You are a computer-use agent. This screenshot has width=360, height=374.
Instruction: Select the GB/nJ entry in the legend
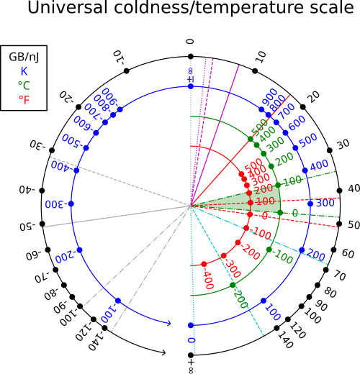coord(24,58)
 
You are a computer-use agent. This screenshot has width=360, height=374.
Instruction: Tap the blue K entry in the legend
coord(24,71)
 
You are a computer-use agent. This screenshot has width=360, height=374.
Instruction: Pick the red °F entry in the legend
coord(24,99)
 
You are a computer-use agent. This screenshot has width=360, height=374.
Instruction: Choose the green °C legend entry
coord(24,86)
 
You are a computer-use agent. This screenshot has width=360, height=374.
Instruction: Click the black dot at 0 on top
coord(191,57)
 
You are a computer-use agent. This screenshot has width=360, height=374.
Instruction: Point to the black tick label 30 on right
coord(343,144)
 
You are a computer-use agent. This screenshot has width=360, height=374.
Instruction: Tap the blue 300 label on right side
coord(325,203)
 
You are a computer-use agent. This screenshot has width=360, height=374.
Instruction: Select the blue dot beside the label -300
coord(71,204)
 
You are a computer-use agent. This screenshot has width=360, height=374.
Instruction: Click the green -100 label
coord(283,256)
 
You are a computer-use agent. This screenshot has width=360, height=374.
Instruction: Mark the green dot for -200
coord(233,285)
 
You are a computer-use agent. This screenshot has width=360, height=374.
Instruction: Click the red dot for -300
coord(224,256)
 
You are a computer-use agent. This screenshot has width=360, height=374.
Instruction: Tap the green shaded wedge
coord(259,200)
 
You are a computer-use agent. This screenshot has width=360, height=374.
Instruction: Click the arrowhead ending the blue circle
coord(169,323)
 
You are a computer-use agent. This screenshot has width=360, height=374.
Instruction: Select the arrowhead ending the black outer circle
coord(163,352)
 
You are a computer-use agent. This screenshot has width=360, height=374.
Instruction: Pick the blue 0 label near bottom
coord(191,340)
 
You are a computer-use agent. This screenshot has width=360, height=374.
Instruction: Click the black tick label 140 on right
coord(286,340)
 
